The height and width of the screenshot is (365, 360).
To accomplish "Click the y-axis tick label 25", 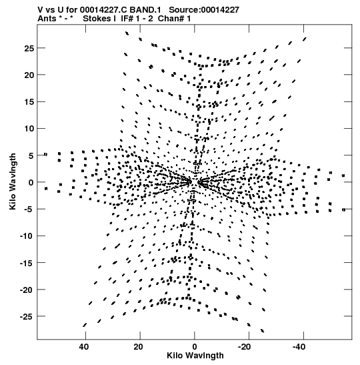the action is pos(29,49).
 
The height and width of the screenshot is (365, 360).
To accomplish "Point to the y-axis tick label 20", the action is pos(29,75).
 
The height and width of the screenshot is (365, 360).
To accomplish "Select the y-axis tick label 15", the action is pos(29,102).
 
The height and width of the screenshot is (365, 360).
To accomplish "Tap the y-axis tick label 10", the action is pos(29,129).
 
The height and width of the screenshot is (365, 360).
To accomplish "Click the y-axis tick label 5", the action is pos(31,155).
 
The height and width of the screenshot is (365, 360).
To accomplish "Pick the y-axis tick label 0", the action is pos(31,183).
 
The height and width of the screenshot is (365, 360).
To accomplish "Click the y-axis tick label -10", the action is pos(27,236).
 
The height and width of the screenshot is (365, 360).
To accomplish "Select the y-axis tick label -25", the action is pos(27,316).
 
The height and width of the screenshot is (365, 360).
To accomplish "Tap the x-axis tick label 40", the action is pos(84,347).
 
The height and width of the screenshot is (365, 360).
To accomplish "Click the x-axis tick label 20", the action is pos(138,347).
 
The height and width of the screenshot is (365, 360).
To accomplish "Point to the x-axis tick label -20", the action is pos(245,347).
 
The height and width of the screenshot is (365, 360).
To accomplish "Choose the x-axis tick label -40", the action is pos(299,347).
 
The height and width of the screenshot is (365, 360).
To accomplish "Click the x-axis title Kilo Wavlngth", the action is pos(195,356).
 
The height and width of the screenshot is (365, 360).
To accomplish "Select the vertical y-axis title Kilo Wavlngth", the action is pos(13,181).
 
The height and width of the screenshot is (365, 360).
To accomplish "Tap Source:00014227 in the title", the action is pos(204,10).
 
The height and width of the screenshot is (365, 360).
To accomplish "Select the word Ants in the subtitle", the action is pos(47,19).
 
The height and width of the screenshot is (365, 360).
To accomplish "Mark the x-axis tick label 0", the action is pos(195,347).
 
